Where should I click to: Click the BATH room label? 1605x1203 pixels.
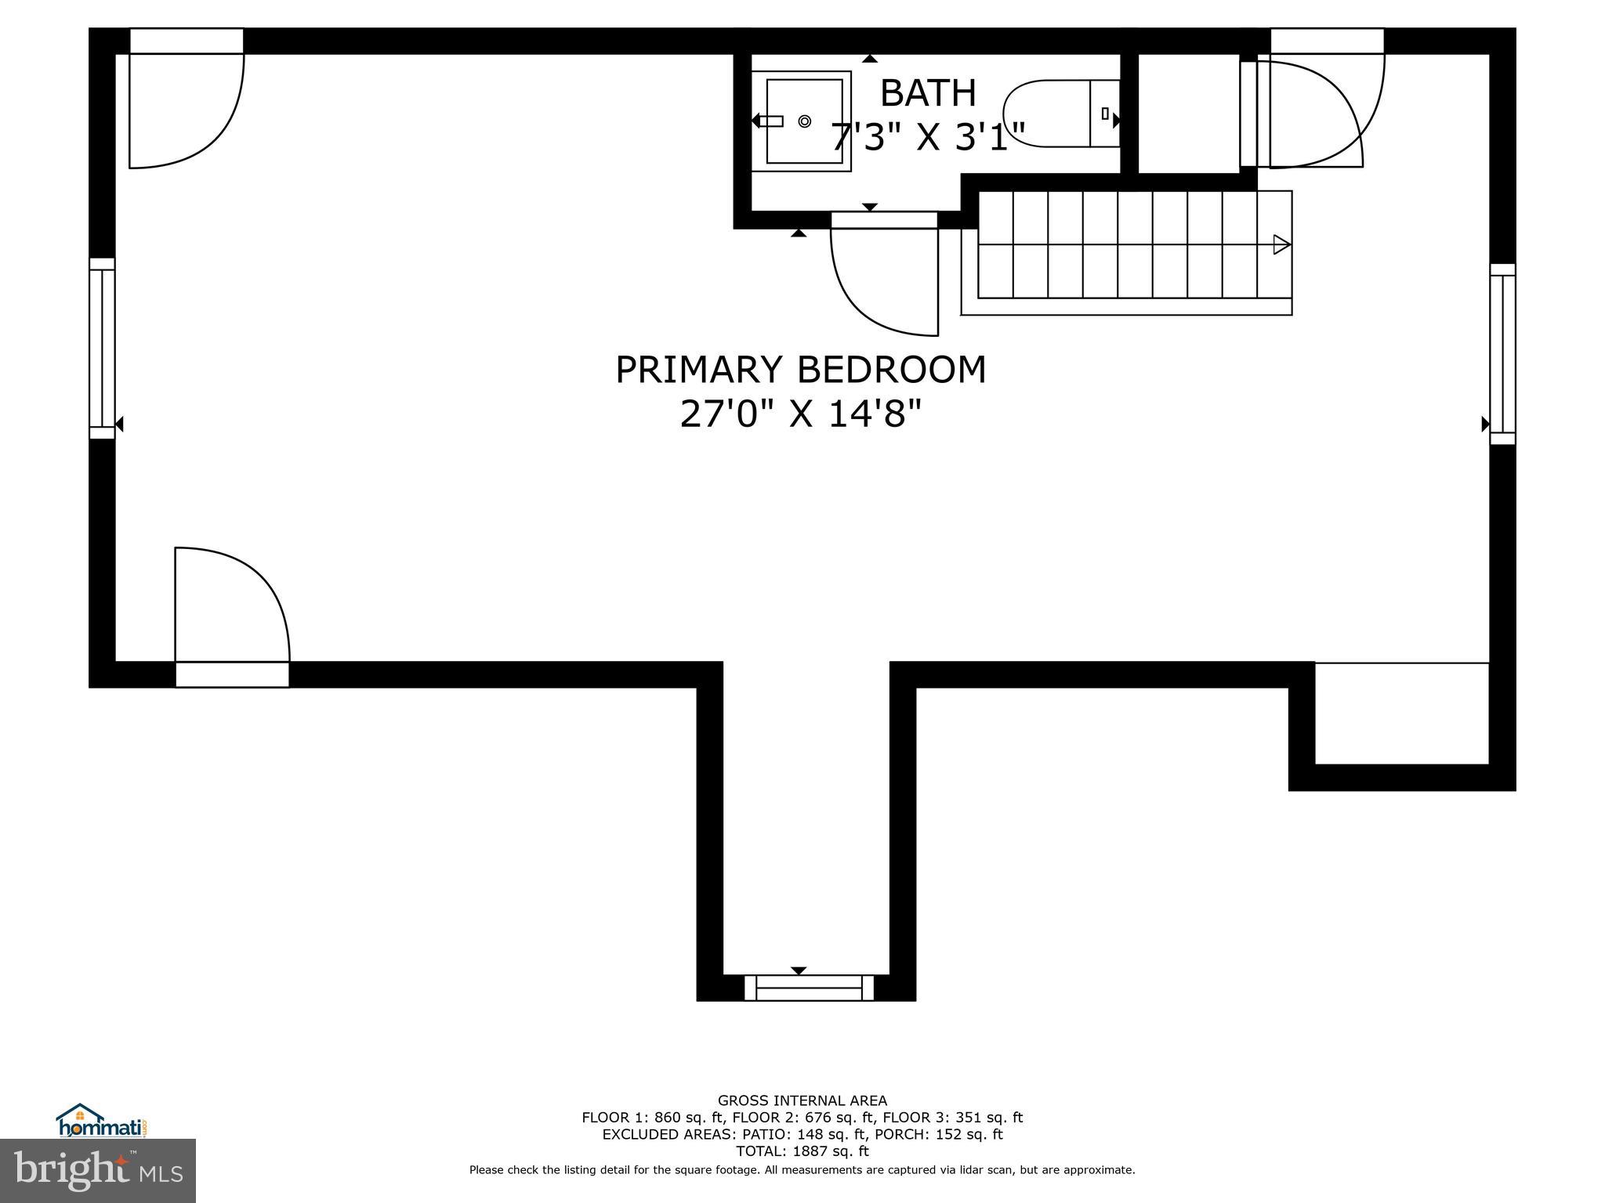[928, 93]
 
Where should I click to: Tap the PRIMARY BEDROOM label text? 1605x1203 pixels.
[800, 370]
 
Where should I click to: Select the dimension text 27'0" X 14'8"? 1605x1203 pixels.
[800, 414]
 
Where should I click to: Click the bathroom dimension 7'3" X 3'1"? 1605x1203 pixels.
[928, 138]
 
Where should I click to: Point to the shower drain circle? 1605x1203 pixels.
[804, 121]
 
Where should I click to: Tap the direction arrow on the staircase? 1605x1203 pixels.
[1281, 244]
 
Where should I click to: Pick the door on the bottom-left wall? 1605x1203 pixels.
[232, 611]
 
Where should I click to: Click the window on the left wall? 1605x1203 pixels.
[102, 348]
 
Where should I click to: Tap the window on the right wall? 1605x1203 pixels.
[1502, 354]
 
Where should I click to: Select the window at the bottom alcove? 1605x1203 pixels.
[808, 988]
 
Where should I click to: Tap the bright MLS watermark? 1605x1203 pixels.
[98, 1170]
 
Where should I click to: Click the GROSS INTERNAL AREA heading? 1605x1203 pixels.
[802, 1100]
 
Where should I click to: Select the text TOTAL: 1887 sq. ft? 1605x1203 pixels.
[802, 1151]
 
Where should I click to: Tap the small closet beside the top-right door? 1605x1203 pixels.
[1187, 114]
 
